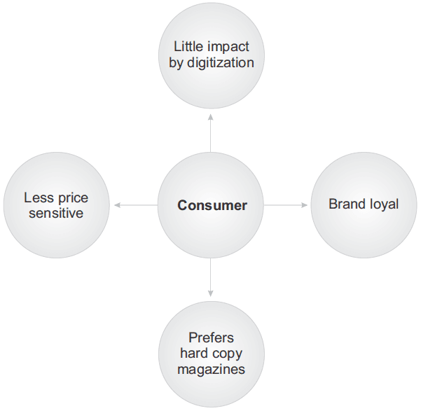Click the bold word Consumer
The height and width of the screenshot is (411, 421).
point(212,205)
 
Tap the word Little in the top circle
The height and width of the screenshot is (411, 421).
point(188,46)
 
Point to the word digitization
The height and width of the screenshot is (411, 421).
point(221,63)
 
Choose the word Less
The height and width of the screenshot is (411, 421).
point(39,198)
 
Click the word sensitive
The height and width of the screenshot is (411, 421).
point(56,213)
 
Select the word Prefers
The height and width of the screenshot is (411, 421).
point(211,337)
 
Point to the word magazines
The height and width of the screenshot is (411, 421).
point(211,370)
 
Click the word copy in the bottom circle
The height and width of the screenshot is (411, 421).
point(228,354)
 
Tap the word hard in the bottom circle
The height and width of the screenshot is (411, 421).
point(195,353)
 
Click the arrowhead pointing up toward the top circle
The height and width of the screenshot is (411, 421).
point(211,118)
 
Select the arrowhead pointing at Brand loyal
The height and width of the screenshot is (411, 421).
point(304,205)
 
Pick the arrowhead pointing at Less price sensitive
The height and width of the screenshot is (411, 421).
point(117,205)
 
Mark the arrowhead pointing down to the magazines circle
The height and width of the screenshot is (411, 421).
point(211,293)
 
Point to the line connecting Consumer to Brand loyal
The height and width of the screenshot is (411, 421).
point(286,205)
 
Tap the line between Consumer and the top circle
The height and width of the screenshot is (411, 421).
point(211,133)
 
